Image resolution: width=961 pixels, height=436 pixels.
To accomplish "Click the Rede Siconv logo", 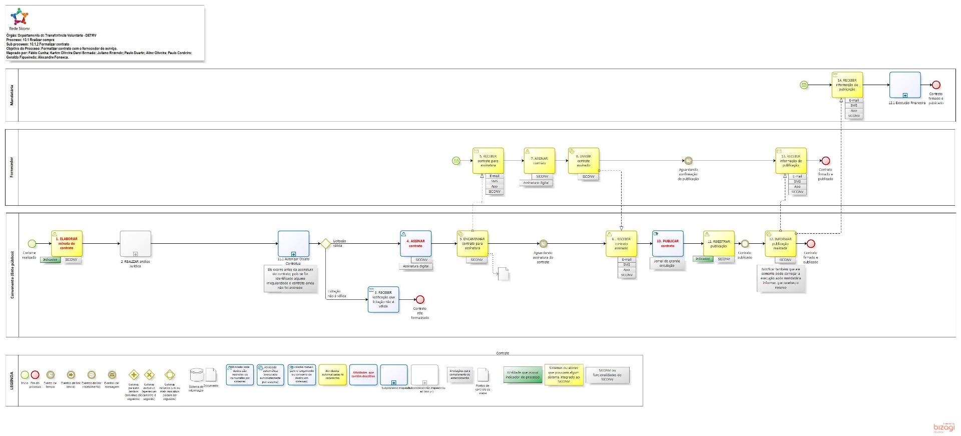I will pos(20,18).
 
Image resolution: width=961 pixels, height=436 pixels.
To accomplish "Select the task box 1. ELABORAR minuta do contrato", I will pos(67,243).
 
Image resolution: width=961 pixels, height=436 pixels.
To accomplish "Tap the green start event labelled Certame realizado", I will pos(32,244).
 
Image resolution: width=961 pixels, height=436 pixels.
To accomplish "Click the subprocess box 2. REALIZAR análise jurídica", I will pos(135,244).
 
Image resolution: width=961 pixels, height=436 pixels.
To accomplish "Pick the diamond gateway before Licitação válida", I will pos(325,244).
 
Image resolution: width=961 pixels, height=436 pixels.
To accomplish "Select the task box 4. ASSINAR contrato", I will pos(415,243).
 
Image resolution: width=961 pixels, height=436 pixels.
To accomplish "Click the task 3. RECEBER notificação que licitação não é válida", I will pos(383,299).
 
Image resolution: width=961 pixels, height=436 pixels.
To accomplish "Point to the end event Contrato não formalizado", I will pos(420,299).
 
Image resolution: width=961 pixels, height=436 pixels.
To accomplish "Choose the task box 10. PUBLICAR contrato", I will pos(668,243).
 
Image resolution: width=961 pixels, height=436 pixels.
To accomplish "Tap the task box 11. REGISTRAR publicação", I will pos(719,243).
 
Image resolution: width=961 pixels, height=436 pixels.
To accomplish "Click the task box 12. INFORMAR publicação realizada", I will pos(780,243).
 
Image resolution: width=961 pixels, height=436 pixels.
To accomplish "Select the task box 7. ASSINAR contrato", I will pos(540,161).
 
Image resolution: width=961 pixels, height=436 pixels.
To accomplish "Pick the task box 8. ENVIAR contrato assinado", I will pos(584,161).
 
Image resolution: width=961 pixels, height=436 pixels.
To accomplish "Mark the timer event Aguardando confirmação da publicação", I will pos(688,161).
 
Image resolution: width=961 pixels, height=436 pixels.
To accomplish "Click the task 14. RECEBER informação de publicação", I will pos(847,85).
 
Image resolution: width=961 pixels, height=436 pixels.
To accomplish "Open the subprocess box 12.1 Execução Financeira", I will pos(905,85).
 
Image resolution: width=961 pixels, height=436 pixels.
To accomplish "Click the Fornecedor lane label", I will pos(12,167).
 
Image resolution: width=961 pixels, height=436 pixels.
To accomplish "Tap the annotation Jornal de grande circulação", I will pos(667,263).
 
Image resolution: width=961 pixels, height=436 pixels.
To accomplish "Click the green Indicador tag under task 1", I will pos(50,260).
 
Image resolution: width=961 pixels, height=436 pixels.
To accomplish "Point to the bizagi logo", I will pos(944,427).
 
